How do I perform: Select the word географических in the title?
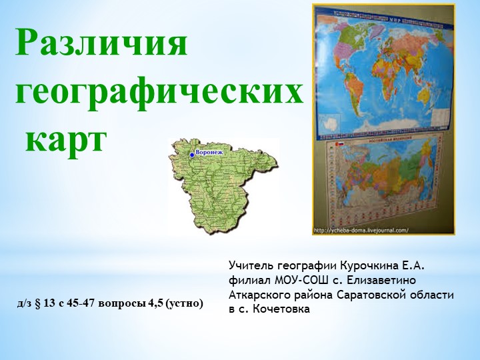point(159,93)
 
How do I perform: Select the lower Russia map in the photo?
point(385,183)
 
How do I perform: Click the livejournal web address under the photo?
point(361,231)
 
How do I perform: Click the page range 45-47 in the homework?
point(81,304)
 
